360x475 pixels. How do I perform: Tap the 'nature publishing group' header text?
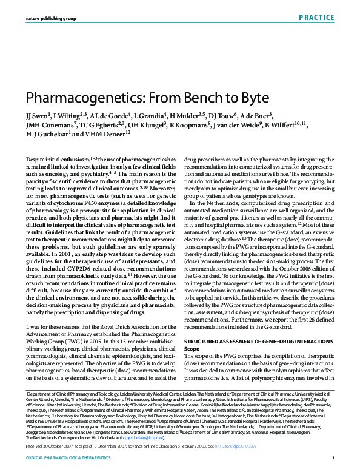tap(51, 19)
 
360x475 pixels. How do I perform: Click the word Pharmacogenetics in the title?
tap(75, 98)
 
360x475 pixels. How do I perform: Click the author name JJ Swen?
tap(36, 115)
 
